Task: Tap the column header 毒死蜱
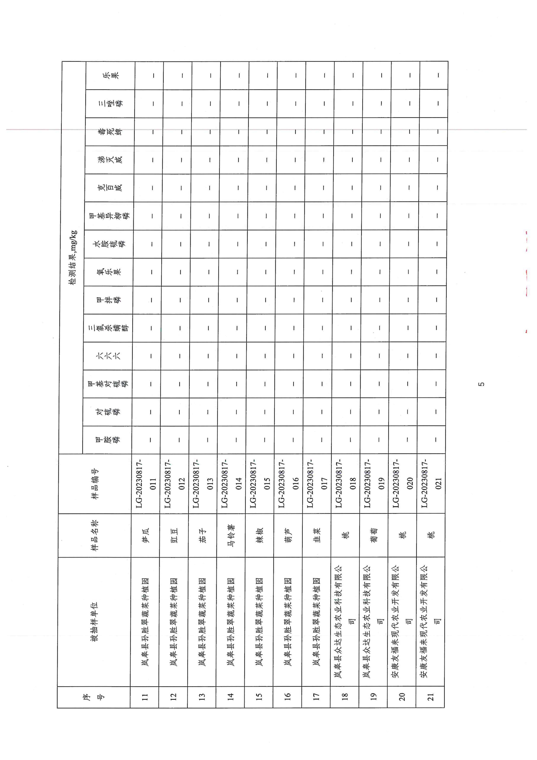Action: click(x=110, y=132)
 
